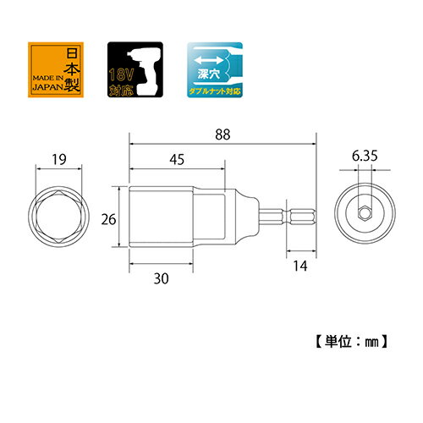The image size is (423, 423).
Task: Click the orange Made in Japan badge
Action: coord(56,69)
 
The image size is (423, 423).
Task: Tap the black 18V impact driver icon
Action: coord(135,69)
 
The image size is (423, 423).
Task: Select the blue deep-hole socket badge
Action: coord(215,69)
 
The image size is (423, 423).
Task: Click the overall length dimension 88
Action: coord(222,135)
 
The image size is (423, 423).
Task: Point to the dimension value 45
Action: coord(177,159)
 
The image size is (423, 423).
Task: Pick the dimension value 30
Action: coord(161,278)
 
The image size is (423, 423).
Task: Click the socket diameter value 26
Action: coord(108,219)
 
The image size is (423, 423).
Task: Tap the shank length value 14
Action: coord(300,266)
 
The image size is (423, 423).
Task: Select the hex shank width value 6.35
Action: coord(365,156)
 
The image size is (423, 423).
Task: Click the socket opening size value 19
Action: coord(59,160)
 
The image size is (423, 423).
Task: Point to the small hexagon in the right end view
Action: coord(365,213)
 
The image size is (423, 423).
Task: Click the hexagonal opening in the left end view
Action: coord(59,217)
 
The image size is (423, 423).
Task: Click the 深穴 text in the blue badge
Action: coord(209,74)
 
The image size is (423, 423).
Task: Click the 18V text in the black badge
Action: coord(121,74)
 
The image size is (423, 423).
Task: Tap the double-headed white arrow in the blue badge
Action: coord(209,60)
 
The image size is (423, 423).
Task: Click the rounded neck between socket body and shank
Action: coord(247,217)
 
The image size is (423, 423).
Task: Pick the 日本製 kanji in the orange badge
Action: coord(72,69)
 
